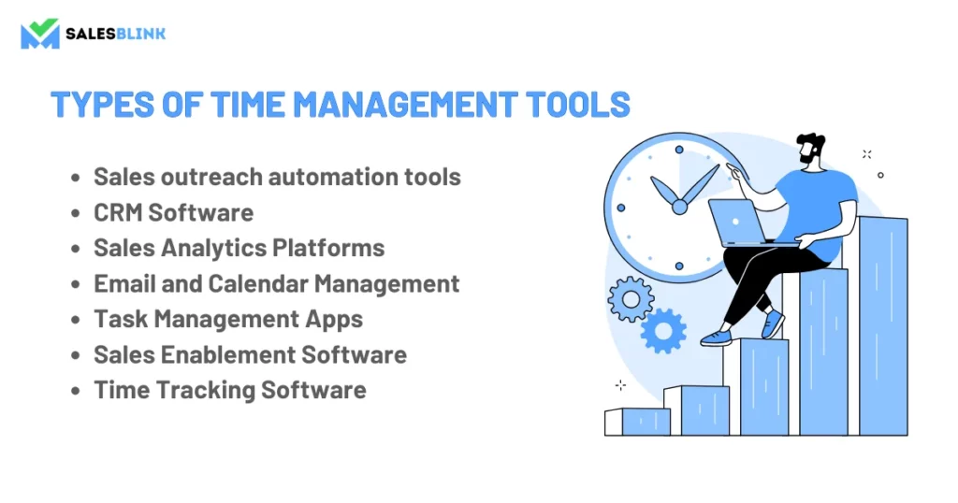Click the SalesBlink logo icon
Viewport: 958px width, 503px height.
(40, 33)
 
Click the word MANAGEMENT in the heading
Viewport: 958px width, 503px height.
(405, 105)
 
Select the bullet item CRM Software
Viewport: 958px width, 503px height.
(173, 212)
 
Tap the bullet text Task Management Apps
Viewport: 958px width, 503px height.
(228, 319)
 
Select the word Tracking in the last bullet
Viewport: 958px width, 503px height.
(206, 391)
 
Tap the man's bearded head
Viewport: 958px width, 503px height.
(811, 149)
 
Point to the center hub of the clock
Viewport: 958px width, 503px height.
(679, 208)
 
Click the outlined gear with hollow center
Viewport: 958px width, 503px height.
(631, 299)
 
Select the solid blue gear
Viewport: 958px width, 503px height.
(663, 332)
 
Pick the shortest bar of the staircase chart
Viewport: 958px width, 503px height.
(637, 422)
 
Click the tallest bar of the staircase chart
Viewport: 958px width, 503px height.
(883, 326)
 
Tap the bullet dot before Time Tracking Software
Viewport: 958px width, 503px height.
(76, 391)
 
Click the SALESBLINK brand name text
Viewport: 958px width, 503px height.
(115, 34)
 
